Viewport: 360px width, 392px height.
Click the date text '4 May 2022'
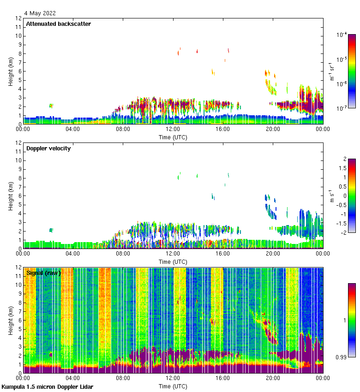[x=41, y=13]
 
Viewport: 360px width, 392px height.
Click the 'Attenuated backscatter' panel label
[x=58, y=24]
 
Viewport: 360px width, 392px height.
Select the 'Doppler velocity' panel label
[x=48, y=148]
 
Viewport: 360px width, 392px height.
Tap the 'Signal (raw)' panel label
[x=43, y=273]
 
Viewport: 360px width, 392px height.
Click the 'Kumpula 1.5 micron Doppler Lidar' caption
[x=48, y=386]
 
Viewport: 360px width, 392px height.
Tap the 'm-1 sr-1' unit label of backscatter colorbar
[x=332, y=71]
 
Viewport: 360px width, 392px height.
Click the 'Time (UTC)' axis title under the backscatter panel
[x=173, y=137]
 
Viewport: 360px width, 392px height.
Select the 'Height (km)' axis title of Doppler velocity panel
[x=10, y=196]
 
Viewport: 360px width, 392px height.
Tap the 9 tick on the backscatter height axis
[x=19, y=45]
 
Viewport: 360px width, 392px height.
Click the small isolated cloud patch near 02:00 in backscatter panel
[x=51, y=106]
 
